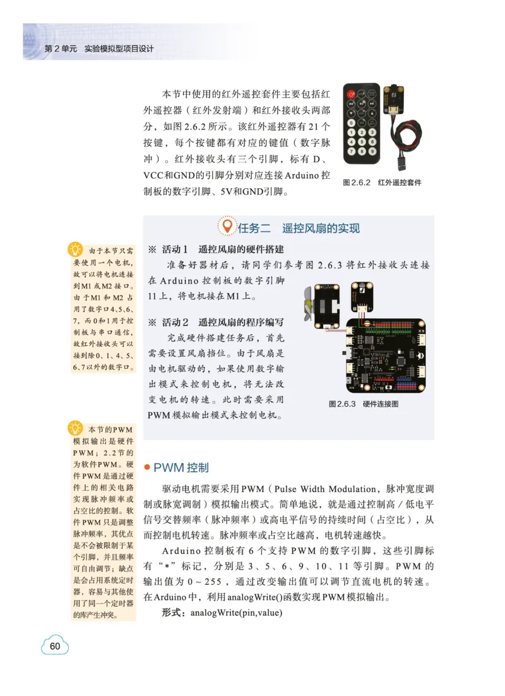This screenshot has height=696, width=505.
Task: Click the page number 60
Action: coord(55,645)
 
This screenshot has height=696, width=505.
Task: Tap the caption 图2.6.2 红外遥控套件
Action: coord(381,183)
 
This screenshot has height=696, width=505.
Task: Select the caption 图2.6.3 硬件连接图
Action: coord(363,404)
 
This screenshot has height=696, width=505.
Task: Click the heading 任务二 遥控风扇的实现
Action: coord(299,228)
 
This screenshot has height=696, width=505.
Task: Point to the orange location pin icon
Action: coord(227,227)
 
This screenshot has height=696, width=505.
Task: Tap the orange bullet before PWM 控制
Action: coord(147,467)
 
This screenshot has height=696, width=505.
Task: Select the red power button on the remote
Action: coord(350,94)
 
